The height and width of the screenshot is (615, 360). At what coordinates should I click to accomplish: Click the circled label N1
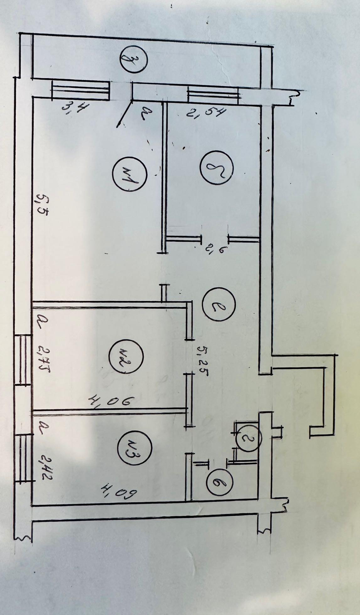[130, 174]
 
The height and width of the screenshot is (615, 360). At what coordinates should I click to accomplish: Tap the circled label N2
[126, 357]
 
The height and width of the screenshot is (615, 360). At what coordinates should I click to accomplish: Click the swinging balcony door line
[124, 114]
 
